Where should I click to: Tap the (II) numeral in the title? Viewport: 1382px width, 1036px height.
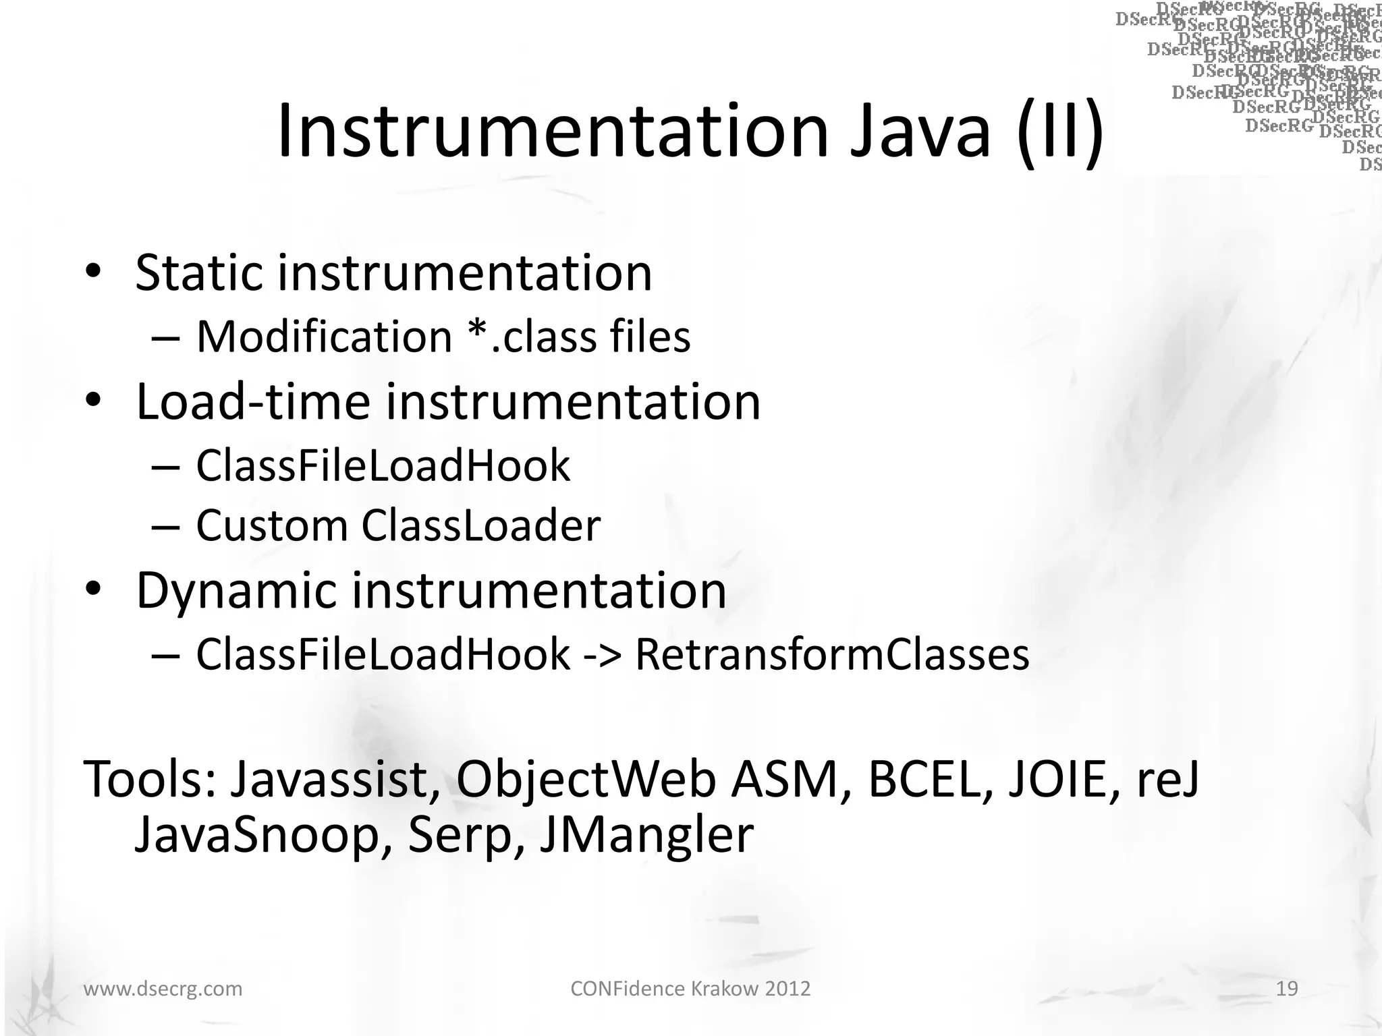[1060, 132]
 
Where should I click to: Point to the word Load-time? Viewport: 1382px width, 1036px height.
[253, 402]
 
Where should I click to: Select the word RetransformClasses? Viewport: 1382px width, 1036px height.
[832, 655]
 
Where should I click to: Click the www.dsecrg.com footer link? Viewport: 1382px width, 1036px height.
[163, 989]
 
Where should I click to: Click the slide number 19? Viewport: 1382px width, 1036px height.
[1287, 989]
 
